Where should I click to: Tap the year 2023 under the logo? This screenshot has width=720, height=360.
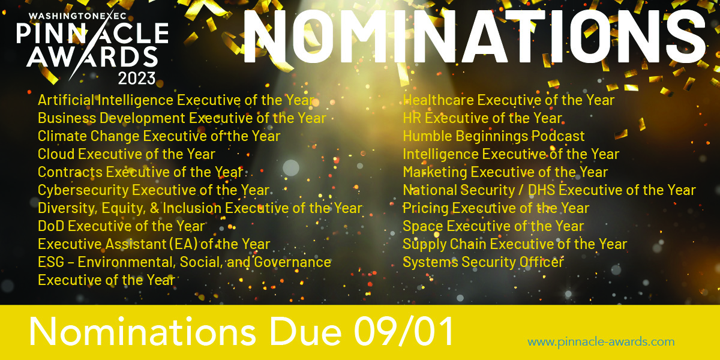point(137,77)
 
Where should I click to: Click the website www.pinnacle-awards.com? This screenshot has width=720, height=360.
point(601,342)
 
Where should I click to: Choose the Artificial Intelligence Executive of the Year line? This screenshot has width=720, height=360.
point(176,100)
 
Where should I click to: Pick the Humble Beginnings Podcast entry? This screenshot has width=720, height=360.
point(493,136)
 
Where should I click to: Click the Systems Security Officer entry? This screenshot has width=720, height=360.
point(483,262)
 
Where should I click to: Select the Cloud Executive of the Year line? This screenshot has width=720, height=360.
point(126,154)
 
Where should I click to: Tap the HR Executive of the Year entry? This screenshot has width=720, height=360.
point(482,118)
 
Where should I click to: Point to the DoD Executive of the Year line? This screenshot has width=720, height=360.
point(121,226)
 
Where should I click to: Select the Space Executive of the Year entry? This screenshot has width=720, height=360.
point(493,226)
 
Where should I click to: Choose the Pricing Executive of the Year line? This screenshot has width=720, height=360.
point(496,208)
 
